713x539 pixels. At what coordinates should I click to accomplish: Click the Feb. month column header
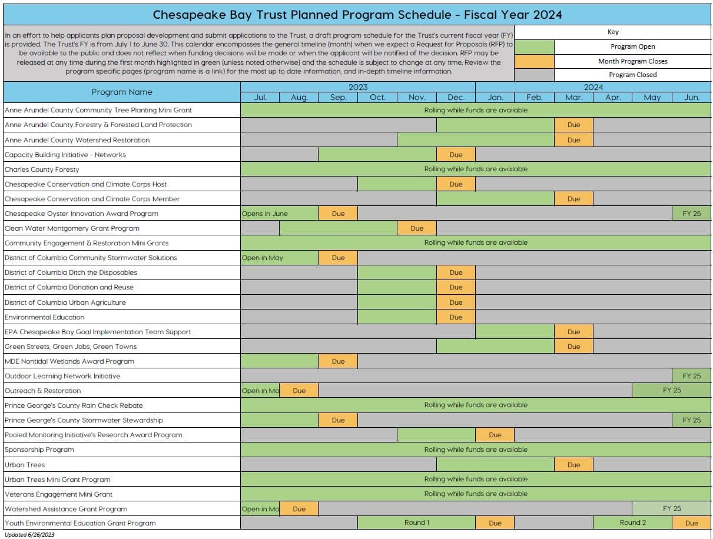[x=534, y=98]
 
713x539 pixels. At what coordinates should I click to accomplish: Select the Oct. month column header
[x=377, y=98]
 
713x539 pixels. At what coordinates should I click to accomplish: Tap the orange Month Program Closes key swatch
[x=534, y=61]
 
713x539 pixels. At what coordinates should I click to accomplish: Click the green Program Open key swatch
[x=534, y=46]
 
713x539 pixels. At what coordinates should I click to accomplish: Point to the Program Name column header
[x=122, y=92]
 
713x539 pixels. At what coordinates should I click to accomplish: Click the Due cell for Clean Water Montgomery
[x=417, y=228]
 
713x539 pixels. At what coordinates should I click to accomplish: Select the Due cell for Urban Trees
[x=573, y=465]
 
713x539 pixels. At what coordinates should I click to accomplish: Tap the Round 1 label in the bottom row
[x=416, y=523]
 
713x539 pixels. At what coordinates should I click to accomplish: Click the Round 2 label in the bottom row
[x=632, y=523]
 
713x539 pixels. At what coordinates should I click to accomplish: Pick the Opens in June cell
[x=265, y=214]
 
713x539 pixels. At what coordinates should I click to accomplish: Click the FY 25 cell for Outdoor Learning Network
[x=691, y=376]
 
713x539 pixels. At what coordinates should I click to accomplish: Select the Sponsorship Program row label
[x=39, y=450]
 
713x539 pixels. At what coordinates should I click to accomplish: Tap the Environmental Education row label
[x=45, y=317]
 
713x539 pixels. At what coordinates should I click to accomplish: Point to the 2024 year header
[x=593, y=87]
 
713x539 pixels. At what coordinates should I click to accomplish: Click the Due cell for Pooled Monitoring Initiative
[x=495, y=435]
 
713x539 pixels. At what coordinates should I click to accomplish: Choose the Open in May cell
[x=263, y=258]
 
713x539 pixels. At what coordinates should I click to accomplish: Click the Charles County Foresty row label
[x=42, y=169]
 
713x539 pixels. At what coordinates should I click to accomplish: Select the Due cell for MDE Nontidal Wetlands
[x=338, y=361]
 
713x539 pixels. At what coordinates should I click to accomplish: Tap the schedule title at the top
[x=357, y=14]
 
